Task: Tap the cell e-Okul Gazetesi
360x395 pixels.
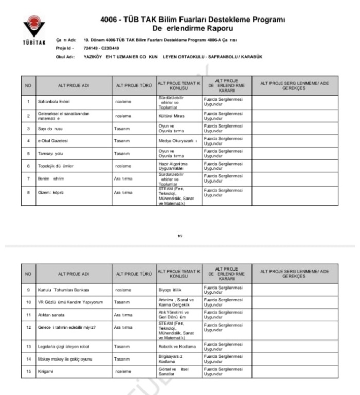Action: tap(49, 139)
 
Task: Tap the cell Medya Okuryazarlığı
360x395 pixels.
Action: tap(177, 139)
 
